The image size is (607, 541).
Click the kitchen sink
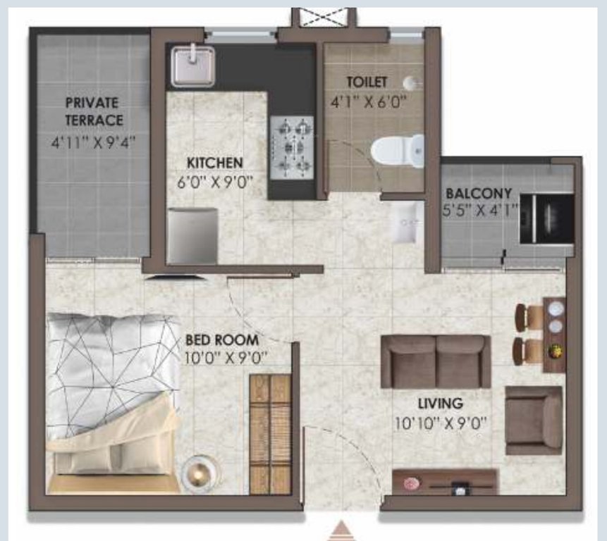pyautogui.click(x=192, y=66)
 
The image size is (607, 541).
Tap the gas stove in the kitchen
pyautogui.click(x=292, y=147)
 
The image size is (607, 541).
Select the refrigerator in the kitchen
pyautogui.click(x=192, y=236)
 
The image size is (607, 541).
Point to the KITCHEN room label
pyautogui.click(x=215, y=163)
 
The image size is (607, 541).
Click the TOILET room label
pyautogui.click(x=367, y=82)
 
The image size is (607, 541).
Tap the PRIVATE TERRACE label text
pyautogui.click(x=93, y=111)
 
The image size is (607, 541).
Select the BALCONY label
pyautogui.click(x=479, y=193)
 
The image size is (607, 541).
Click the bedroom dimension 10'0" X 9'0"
pyautogui.click(x=226, y=358)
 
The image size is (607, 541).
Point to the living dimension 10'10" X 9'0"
pyautogui.click(x=440, y=423)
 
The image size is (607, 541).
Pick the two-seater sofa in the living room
pyautogui.click(x=436, y=361)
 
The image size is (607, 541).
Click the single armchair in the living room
pyautogui.click(x=534, y=420)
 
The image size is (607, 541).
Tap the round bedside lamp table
pyautogui.click(x=199, y=472)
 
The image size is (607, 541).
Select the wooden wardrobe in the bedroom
pyautogui.click(x=270, y=434)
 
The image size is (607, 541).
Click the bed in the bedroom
pyautogui.click(x=113, y=404)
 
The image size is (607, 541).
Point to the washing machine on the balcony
pyautogui.click(x=546, y=219)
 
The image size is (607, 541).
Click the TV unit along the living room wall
pyautogui.click(x=446, y=482)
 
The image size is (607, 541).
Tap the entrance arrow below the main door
pyautogui.click(x=341, y=531)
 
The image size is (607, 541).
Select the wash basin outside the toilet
pyautogui.click(x=406, y=222)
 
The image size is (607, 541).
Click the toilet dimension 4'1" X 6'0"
pyautogui.click(x=369, y=102)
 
